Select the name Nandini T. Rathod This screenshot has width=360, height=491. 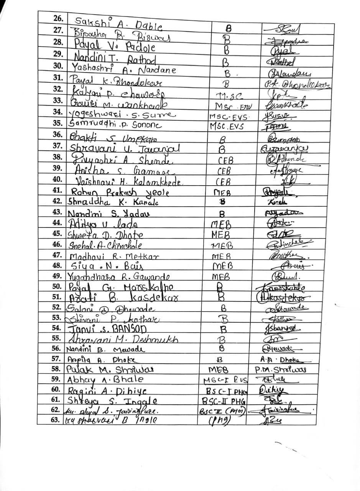114,59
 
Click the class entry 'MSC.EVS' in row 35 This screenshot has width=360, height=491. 227,127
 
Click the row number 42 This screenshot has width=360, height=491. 58,201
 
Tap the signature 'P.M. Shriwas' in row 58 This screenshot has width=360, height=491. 281,370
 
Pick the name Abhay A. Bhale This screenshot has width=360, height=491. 105,380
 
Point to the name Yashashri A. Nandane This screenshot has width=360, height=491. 124,69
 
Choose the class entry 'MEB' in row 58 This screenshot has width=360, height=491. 218,370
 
